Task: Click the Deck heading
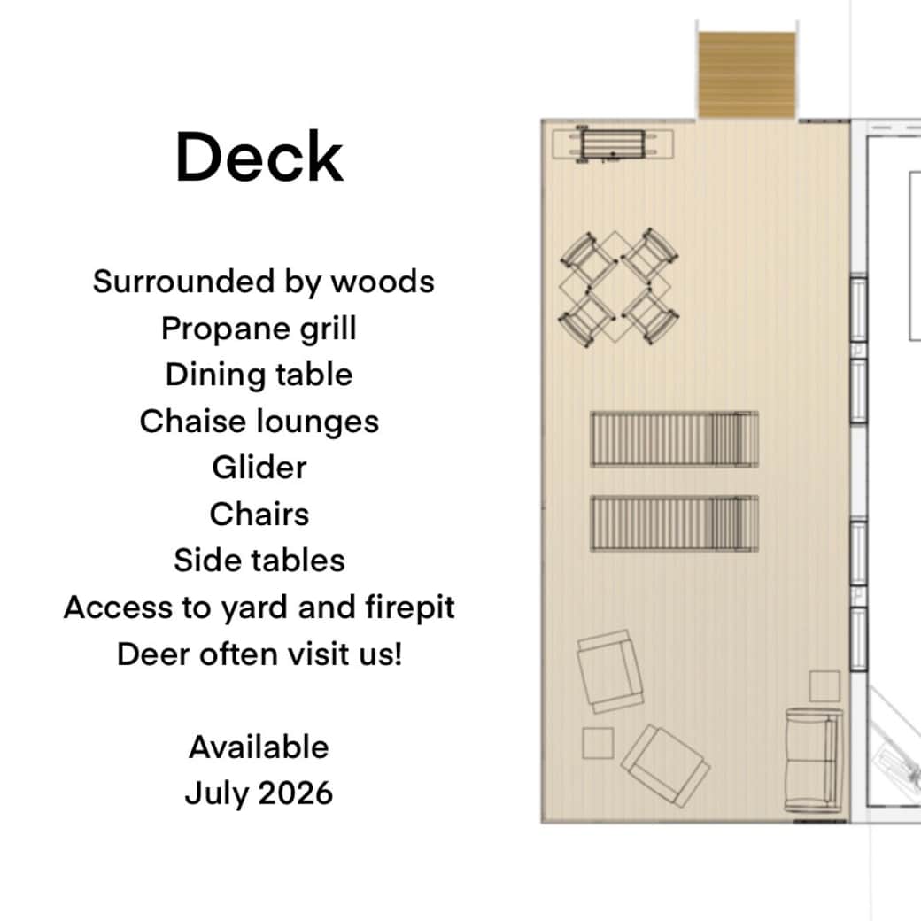(x=259, y=158)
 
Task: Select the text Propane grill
(x=259, y=329)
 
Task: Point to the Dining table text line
(x=259, y=375)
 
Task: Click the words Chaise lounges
(x=259, y=422)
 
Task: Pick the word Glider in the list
(x=259, y=468)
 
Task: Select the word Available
(x=259, y=747)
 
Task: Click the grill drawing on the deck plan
(x=611, y=144)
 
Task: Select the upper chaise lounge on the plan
(x=674, y=439)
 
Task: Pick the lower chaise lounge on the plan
(x=674, y=522)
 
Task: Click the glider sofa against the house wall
(x=813, y=761)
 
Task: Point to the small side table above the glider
(x=824, y=686)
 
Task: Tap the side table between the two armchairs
(x=598, y=742)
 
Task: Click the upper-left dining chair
(x=586, y=254)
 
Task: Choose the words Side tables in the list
(x=259, y=561)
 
